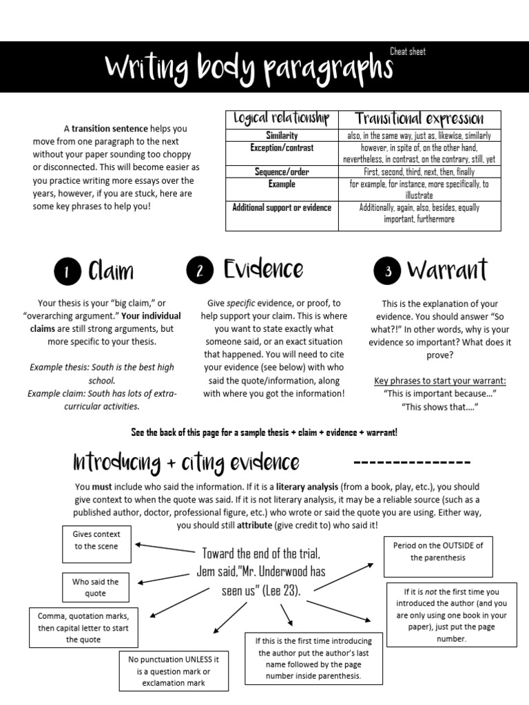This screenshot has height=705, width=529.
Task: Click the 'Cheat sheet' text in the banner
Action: point(408,52)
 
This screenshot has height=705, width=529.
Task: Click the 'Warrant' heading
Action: point(447,270)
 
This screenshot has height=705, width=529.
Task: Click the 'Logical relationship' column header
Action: point(281,119)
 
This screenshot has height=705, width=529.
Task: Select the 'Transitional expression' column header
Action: point(419,119)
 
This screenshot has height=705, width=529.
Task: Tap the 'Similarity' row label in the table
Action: point(281,136)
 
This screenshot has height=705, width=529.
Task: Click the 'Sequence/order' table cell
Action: point(281,171)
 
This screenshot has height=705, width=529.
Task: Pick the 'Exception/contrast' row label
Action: point(281,147)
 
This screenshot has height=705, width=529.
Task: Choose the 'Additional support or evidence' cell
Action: point(282,207)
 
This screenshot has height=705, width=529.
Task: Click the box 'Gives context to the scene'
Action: point(96,540)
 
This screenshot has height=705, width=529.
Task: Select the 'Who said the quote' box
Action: point(96,587)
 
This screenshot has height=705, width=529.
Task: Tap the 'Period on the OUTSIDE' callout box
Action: point(438,551)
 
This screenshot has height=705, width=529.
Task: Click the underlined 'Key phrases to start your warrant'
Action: point(439,381)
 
